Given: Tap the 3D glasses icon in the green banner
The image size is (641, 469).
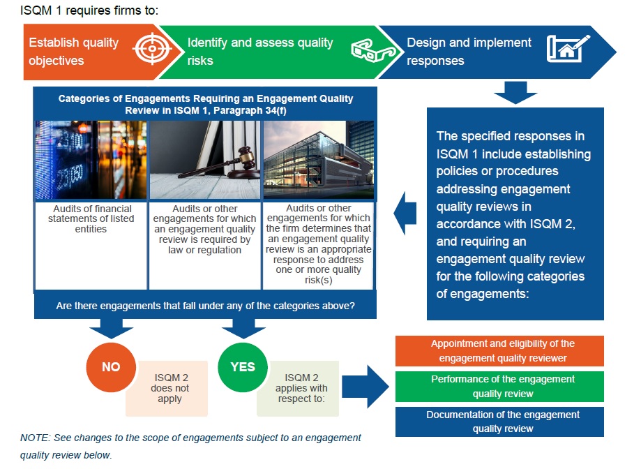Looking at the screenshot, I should (x=367, y=51).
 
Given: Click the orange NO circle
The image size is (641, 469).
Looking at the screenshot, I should (x=110, y=367).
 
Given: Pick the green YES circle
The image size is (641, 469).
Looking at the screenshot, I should (x=242, y=367).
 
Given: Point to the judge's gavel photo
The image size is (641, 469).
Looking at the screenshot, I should (x=205, y=160).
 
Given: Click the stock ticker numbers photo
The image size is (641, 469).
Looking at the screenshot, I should (x=91, y=160).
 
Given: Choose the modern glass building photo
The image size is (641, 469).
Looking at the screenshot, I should (x=318, y=160).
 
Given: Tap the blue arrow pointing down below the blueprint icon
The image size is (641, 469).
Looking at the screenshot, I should (x=515, y=91).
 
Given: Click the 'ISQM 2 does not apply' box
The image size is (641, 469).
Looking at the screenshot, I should (x=169, y=388).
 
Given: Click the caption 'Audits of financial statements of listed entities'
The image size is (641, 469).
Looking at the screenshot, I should (x=91, y=219).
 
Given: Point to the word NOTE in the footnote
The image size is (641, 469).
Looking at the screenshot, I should (x=34, y=438).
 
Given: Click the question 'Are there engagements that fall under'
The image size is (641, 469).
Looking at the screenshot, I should (x=205, y=306).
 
